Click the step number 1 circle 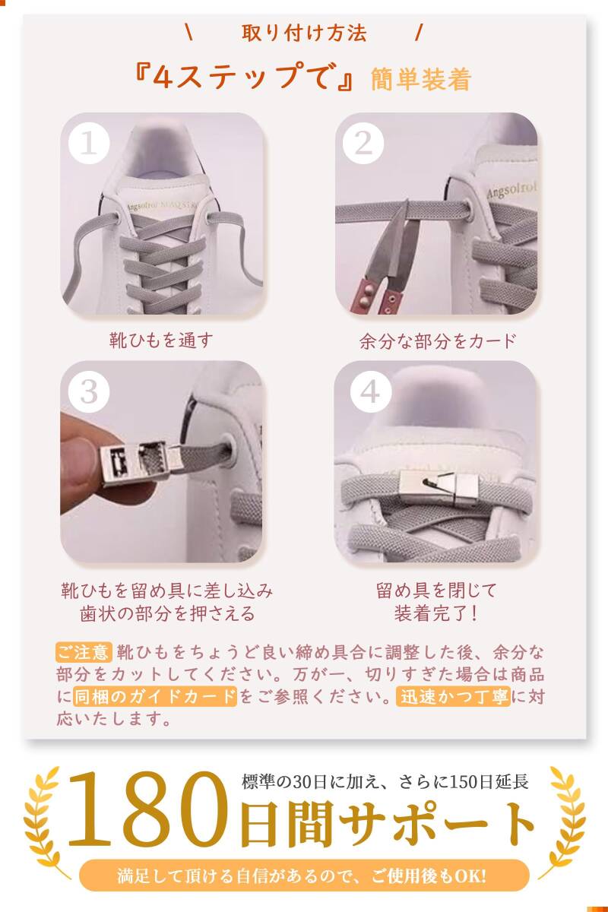coord(89,143)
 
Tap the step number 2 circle coord(363,143)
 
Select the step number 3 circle coord(89,392)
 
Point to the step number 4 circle coord(371,392)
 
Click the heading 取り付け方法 coord(304,33)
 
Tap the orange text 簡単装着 coord(421,78)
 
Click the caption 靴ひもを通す coord(161,340)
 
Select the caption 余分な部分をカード coord(438,341)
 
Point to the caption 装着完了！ coord(435,613)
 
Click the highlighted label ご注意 coord(84,652)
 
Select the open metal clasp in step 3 coord(141,463)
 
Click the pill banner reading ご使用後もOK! coord(304,876)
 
